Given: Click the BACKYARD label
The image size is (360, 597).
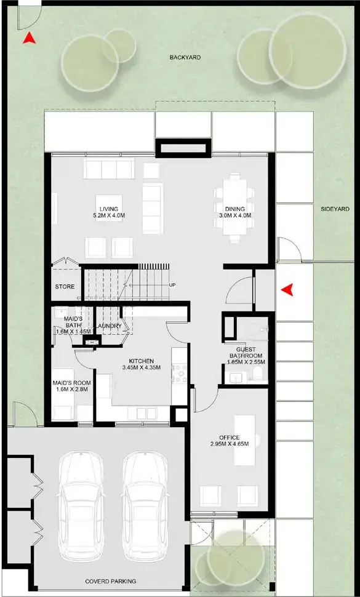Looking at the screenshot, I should (185, 57).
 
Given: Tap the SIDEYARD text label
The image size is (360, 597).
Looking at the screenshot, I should (335, 209).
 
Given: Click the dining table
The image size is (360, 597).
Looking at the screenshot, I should (234, 205).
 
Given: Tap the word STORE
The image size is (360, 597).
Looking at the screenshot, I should (65, 287).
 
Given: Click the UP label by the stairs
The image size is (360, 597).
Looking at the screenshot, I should (172, 285).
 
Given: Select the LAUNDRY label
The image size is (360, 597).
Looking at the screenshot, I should (110, 326).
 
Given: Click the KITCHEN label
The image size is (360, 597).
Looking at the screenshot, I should (141, 361).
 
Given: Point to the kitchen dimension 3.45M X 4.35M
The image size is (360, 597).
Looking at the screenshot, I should (141, 368).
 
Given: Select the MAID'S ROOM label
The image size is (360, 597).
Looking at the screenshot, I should (71, 382).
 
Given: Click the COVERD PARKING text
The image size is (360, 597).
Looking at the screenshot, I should (105, 582).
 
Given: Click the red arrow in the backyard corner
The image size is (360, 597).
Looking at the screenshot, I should (28, 39).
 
